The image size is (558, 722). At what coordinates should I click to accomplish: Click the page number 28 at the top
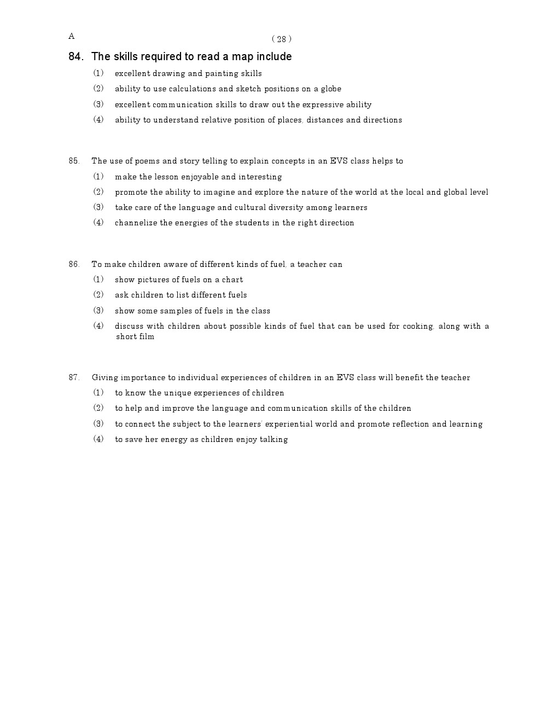281,39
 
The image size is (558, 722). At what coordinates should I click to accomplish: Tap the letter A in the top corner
72,36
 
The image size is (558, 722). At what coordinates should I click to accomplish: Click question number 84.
76,56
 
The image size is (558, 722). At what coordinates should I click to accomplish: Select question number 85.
74,161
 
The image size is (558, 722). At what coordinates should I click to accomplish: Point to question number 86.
74,264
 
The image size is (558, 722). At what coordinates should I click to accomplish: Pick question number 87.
74,377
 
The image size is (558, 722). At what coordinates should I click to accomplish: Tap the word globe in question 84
331,89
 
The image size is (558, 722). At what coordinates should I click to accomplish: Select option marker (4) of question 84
98,120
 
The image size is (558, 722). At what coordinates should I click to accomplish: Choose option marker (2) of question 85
98,192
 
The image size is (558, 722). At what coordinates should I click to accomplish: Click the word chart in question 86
233,280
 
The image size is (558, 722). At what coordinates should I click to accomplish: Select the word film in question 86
147,336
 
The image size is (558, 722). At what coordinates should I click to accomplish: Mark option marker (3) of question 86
98,311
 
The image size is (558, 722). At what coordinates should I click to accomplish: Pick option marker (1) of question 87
98,393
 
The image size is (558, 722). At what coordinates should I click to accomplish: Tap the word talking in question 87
274,439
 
